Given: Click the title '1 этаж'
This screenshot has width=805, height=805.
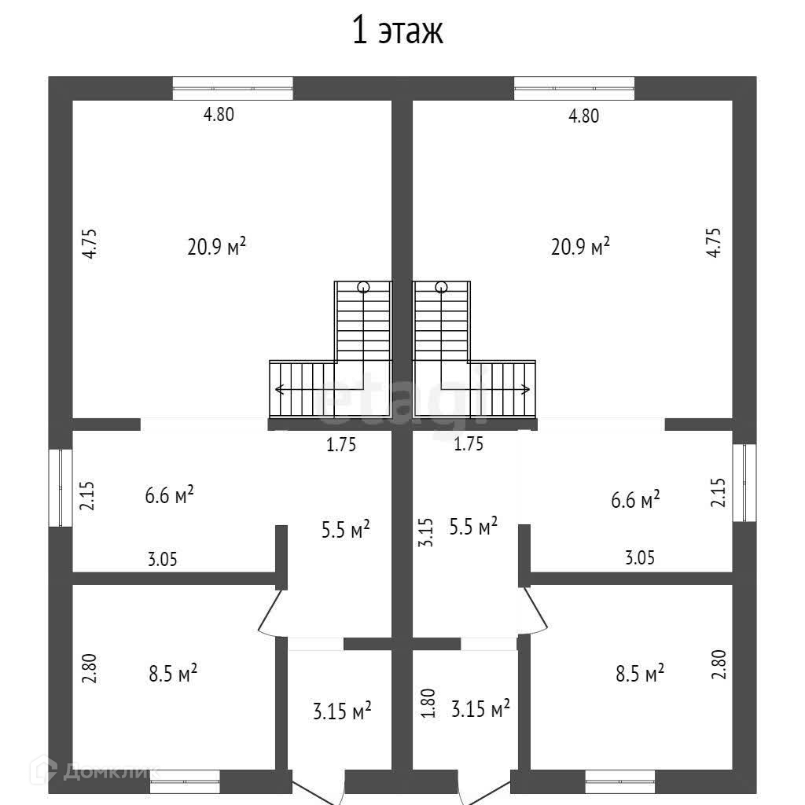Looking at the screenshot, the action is [398, 32].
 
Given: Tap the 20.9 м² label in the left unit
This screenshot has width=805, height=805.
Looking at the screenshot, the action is [217, 247].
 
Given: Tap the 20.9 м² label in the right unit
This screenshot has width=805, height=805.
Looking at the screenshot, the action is [581, 247].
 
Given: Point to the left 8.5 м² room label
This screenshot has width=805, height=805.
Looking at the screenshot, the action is [173, 674].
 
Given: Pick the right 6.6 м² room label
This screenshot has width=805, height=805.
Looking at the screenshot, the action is [635, 499].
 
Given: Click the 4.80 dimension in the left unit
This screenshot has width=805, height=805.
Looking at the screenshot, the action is [219, 115].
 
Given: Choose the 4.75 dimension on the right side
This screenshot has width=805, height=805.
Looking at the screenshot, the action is [713, 243].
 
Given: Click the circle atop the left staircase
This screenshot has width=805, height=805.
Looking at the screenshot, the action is [363, 286].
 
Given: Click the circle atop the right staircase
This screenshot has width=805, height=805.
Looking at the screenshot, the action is [441, 286].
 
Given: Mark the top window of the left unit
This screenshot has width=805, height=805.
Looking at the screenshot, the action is [233, 88].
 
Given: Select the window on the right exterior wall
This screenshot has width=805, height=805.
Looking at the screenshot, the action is [744, 483].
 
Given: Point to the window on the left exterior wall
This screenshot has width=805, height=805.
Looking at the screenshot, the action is [61, 487].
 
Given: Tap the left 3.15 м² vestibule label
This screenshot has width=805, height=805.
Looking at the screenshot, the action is [342, 712].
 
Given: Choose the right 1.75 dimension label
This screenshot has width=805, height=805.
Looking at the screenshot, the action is [469, 444].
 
